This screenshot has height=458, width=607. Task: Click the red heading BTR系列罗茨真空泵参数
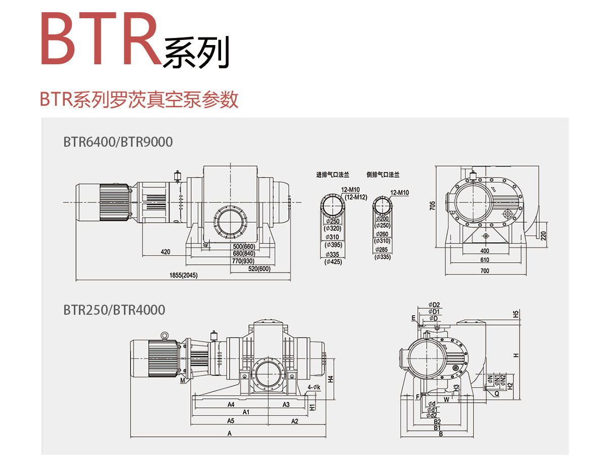[x=139, y=100]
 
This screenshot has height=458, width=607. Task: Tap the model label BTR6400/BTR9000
[x=118, y=142]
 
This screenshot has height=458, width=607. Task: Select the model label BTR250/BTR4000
[x=114, y=309]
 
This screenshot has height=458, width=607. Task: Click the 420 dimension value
[x=165, y=251]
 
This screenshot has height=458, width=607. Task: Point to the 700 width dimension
[x=485, y=271]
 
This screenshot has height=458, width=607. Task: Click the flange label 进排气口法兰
[x=333, y=175]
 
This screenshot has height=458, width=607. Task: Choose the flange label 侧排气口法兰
[x=383, y=175]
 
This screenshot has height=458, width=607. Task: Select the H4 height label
[x=329, y=379]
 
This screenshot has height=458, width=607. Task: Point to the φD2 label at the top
[x=434, y=304]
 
